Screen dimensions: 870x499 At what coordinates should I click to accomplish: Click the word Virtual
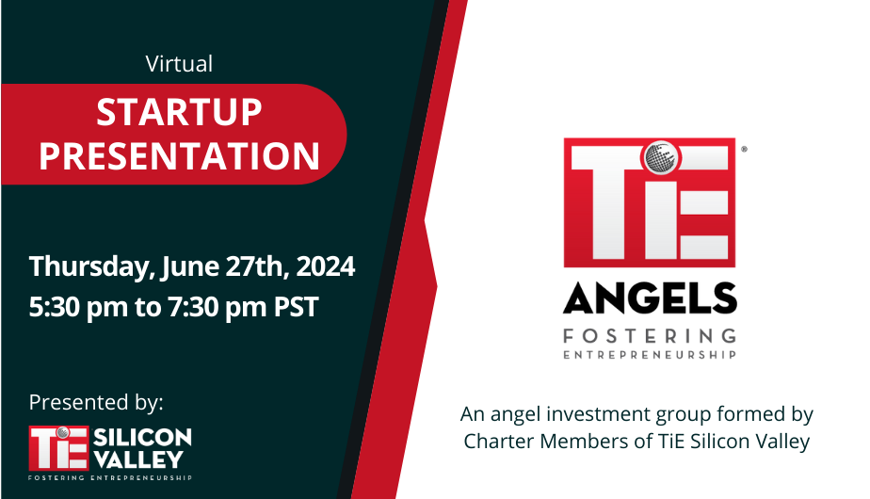(x=179, y=64)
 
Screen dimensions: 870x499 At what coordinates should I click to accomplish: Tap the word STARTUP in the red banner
(x=179, y=113)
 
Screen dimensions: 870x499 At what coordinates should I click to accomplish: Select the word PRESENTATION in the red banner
(x=179, y=156)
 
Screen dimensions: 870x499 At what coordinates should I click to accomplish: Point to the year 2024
(x=326, y=266)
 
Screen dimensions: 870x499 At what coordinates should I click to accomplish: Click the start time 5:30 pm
(x=78, y=307)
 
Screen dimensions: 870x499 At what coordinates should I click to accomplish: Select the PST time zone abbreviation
(x=297, y=307)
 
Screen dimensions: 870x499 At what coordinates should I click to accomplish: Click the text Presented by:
(x=96, y=402)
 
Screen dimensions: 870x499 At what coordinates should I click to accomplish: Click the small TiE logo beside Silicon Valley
(x=58, y=448)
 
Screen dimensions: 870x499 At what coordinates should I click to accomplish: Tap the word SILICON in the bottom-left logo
(x=142, y=438)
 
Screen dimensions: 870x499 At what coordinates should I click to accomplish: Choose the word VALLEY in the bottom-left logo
(x=138, y=459)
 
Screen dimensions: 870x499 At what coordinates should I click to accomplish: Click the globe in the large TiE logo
(x=660, y=156)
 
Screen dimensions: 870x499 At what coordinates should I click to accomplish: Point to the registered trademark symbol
(x=744, y=149)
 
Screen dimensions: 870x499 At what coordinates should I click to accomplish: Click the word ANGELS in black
(x=650, y=298)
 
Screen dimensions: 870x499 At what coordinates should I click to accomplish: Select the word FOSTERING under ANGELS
(x=650, y=336)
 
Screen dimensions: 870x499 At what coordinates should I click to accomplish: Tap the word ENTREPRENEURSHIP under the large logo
(x=650, y=355)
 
